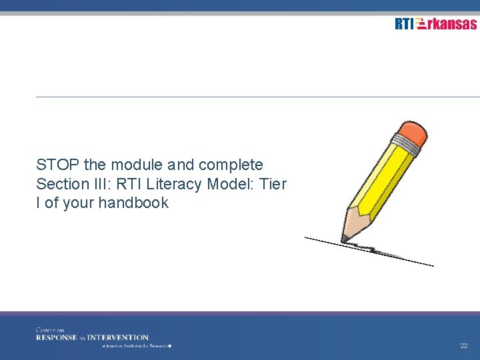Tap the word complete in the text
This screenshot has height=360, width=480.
coord(231,165)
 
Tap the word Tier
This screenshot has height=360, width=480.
coord(273,184)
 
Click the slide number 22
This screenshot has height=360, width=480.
coord(463,346)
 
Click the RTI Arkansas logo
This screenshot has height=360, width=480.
coord(435,24)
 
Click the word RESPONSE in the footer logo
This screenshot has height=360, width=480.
coord(56,337)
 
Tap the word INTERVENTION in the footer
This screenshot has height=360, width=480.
coord(118,337)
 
